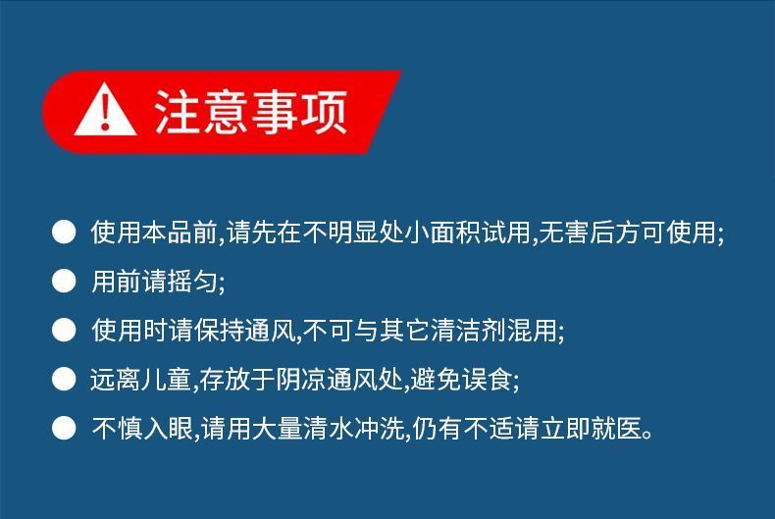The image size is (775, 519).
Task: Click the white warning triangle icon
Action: [x=105, y=111]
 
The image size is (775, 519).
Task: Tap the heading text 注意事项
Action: [x=251, y=112]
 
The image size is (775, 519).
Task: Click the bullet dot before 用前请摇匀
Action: [x=64, y=282]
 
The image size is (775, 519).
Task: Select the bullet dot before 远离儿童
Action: [x=64, y=379]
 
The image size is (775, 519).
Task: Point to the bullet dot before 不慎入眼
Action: [x=64, y=428]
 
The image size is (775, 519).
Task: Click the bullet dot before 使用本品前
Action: [x=64, y=232]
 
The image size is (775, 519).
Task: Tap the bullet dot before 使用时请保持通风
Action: [x=64, y=331]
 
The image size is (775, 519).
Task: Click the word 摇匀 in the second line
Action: [x=191, y=282]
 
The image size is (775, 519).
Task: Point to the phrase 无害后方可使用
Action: [x=627, y=232]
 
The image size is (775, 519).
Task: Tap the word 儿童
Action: [x=166, y=379]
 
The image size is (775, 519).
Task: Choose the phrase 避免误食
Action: [x=461, y=379]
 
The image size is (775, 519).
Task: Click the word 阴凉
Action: [x=300, y=379]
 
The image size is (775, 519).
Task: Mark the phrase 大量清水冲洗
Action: [x=328, y=428]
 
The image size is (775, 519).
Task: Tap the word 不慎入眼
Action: [x=142, y=428]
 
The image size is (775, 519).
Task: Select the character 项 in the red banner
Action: [x=325, y=112]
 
